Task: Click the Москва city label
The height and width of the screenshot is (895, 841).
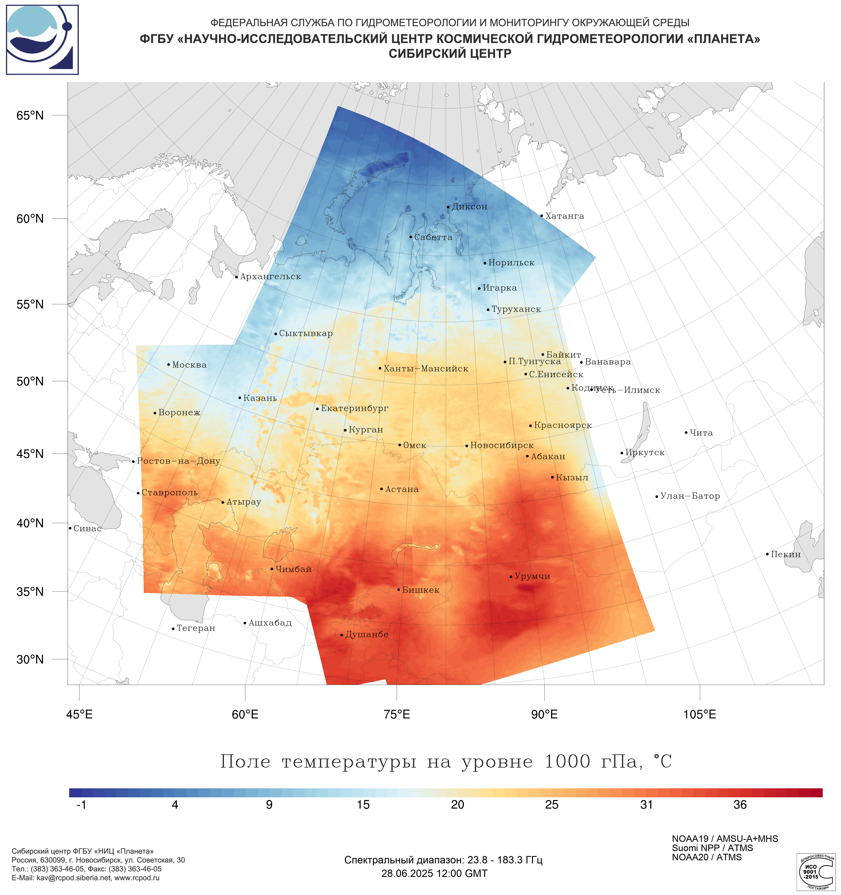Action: click(x=189, y=365)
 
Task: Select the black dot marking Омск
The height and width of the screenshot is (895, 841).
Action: click(x=400, y=445)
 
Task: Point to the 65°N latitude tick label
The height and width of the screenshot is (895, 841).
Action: click(x=30, y=116)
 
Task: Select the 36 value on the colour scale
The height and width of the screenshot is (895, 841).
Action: click(x=740, y=805)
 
